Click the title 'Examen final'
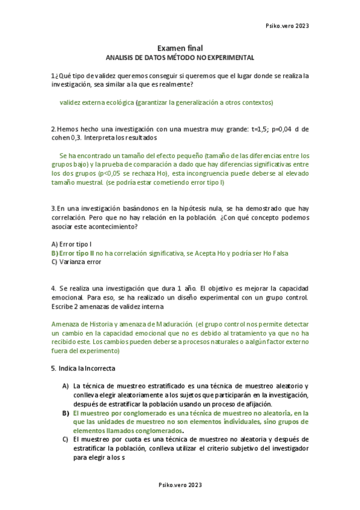180,48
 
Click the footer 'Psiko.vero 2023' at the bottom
180,485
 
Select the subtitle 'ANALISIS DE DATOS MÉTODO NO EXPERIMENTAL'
180,58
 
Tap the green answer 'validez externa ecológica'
97,103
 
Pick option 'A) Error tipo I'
72,244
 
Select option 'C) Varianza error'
77,262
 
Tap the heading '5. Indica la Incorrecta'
83,368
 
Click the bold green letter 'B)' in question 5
66,413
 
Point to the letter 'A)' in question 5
66,386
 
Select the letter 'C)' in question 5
66,440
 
